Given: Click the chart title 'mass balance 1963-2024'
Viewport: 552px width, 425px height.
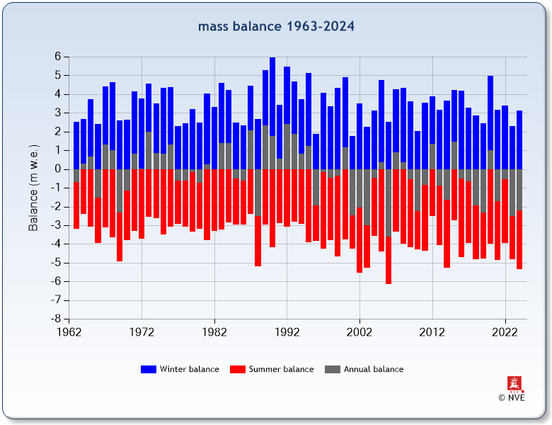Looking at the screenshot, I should tap(276, 27).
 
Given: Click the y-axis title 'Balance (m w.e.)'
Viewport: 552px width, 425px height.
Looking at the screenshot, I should tap(33, 188).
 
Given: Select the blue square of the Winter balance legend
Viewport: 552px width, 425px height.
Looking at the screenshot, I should tap(149, 369).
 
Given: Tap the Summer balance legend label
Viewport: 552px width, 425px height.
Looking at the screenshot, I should tap(281, 369).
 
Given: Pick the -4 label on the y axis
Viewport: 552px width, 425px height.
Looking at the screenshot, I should tap(55, 244).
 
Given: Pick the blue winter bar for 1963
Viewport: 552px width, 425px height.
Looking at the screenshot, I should tap(76, 145).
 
